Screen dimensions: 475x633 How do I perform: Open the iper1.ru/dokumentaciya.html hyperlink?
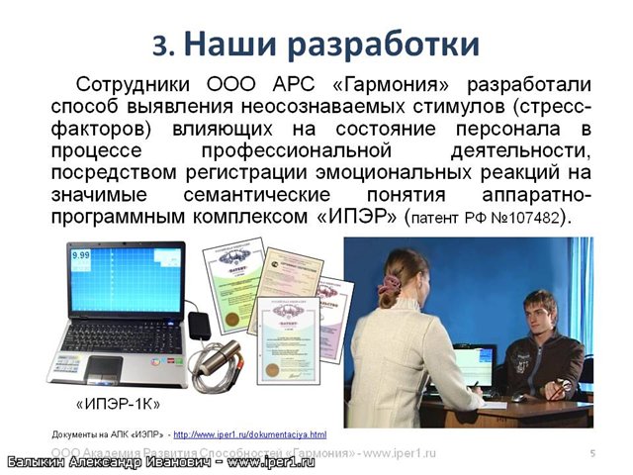251,433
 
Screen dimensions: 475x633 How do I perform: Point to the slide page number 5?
591,452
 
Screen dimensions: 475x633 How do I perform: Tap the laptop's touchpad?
100,365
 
